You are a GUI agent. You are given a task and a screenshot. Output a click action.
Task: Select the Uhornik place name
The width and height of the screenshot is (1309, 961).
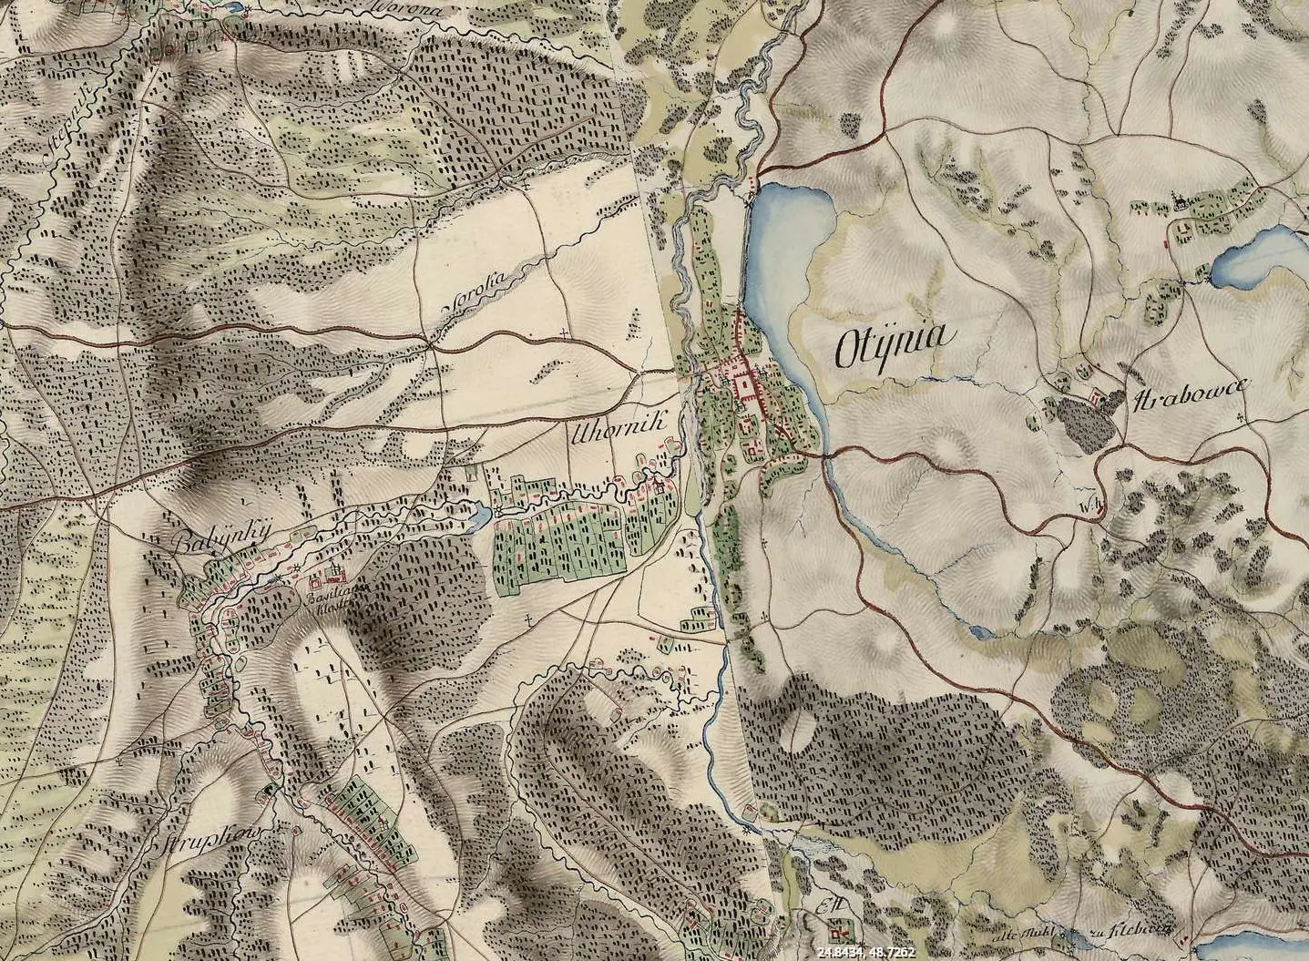[x=619, y=430]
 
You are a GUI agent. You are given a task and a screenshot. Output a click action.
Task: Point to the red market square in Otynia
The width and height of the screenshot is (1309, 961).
[x=746, y=390]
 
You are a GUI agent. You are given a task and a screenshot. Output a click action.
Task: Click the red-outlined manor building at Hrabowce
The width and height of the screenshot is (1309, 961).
[x=1096, y=396]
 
